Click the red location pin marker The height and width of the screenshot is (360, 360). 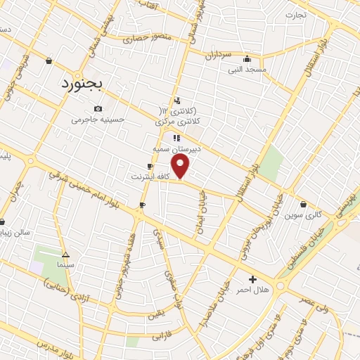(181, 166)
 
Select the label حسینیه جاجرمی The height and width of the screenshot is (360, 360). (98, 120)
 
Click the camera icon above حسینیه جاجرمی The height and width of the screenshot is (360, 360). (98, 108)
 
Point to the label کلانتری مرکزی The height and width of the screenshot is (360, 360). (175, 122)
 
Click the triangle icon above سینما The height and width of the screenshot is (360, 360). (65, 255)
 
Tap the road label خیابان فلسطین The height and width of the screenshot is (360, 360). (304, 255)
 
